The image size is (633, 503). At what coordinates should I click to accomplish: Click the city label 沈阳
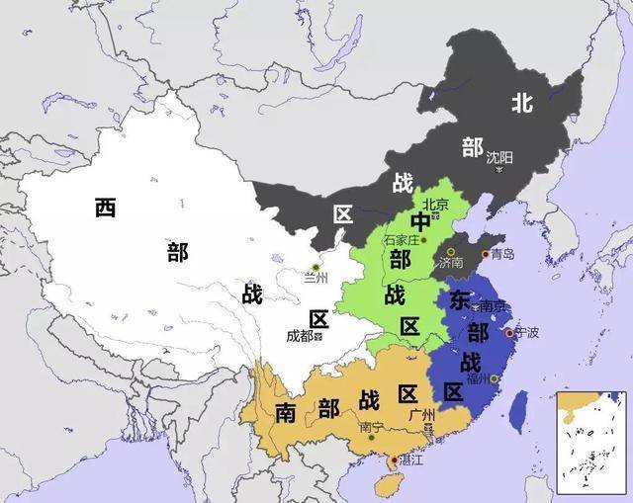point(499,157)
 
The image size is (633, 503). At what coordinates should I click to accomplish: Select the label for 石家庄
point(403,240)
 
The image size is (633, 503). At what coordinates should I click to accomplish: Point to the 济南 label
point(451,263)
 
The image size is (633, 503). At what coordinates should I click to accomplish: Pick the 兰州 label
point(316,279)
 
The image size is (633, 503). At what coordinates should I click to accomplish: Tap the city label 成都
point(299,336)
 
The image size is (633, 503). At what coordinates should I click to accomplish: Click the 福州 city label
point(479,377)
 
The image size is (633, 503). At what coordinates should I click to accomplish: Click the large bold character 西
point(106,208)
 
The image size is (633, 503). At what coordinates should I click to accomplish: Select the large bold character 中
point(420,223)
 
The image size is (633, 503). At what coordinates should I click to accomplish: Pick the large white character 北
point(522,102)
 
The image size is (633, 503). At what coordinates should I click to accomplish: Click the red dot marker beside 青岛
point(485,254)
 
